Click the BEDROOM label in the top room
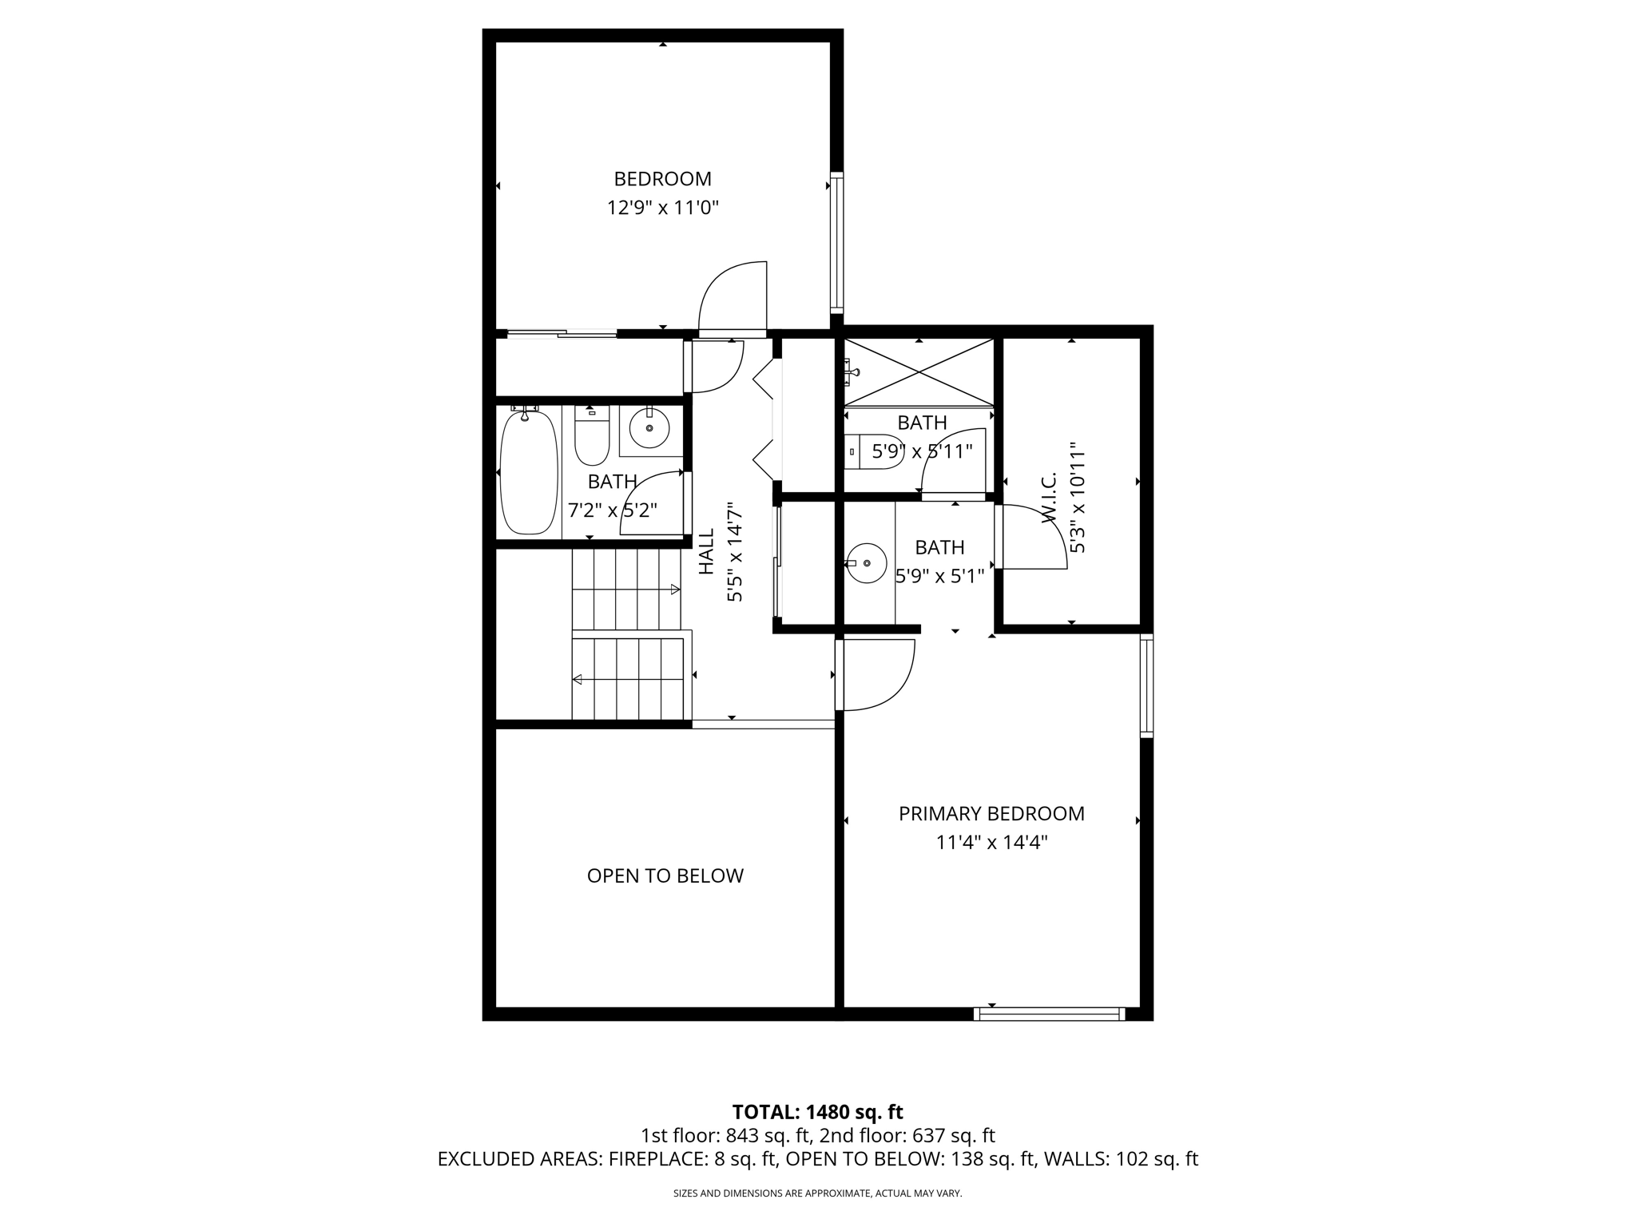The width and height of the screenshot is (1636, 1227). point(662,179)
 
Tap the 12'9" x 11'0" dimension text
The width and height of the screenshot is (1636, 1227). point(662,208)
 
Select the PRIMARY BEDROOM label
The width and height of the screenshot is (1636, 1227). point(991,814)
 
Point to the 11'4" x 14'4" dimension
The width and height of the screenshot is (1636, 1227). point(991,843)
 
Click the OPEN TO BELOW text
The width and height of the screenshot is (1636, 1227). point(665,876)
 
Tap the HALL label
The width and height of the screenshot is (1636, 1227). point(707,552)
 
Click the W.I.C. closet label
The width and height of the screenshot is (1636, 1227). point(1050,497)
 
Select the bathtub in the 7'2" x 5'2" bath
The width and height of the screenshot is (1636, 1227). point(528,472)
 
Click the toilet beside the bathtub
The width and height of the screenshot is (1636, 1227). point(592,435)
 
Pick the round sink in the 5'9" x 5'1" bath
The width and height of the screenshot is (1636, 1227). point(867,563)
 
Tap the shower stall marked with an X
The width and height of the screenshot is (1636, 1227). point(919,372)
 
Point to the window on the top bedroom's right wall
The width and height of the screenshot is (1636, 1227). point(836,241)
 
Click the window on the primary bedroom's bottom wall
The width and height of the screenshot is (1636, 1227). point(1049,1015)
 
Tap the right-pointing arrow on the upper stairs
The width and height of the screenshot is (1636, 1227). point(675,590)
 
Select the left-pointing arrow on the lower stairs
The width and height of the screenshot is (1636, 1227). point(577,680)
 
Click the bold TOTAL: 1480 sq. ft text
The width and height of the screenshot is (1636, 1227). point(817,1112)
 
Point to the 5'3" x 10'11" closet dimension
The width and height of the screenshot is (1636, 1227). point(1078,497)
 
